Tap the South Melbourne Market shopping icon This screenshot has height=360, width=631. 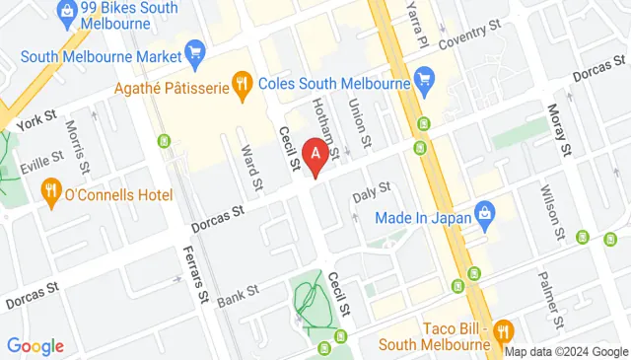[x=194, y=51]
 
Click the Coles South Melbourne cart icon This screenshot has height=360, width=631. [x=425, y=78]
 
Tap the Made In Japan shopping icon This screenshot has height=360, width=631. [x=484, y=211]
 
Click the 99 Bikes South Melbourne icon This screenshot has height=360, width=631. [x=68, y=12]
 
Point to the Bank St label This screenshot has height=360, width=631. [x=238, y=293]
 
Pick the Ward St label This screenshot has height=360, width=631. [x=253, y=167]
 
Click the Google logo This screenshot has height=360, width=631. [x=35, y=346]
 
